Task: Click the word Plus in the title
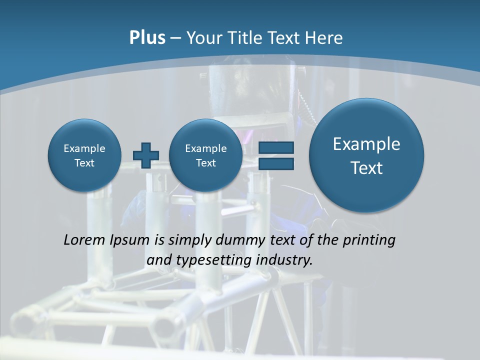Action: [147, 38]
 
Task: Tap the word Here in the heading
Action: [324, 38]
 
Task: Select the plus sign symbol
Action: [146, 155]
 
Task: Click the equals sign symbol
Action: [276, 155]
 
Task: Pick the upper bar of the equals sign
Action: [276, 148]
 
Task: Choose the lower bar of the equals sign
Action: [276, 163]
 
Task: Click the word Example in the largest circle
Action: [366, 144]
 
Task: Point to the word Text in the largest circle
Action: [366, 168]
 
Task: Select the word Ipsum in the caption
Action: [130, 240]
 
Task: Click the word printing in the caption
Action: [369, 240]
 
